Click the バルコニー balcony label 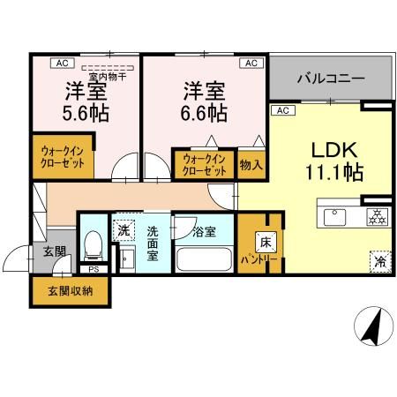click(331, 79)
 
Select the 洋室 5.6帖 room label click(85, 102)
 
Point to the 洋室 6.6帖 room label click(206, 102)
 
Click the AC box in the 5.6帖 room click(64, 64)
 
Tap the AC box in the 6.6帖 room click(250, 64)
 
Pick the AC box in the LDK click(282, 111)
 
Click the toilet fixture click(94, 244)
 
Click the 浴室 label click(204, 233)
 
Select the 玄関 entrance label click(54, 251)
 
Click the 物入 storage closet click(251, 164)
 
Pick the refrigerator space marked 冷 click(378, 261)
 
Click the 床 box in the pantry click(264, 240)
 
